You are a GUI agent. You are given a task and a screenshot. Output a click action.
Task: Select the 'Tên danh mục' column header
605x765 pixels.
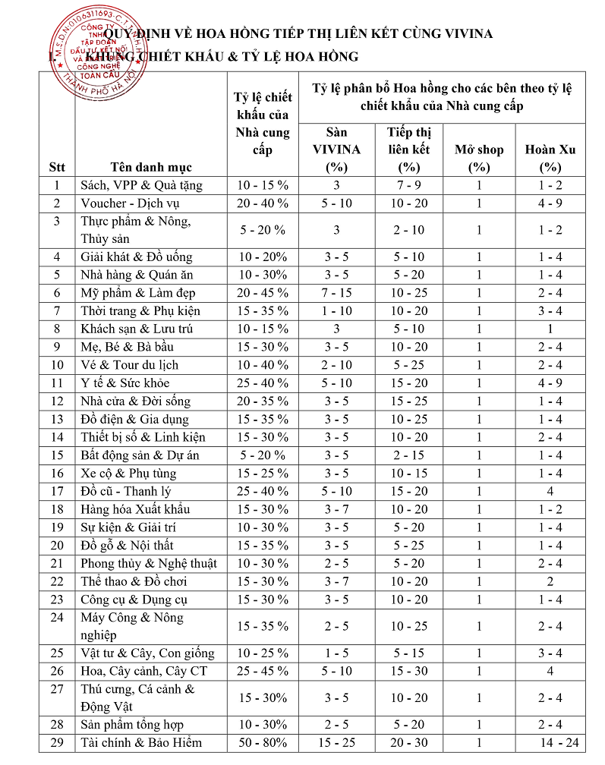[151, 167]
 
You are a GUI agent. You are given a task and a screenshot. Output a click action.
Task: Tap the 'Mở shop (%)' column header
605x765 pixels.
[479, 158]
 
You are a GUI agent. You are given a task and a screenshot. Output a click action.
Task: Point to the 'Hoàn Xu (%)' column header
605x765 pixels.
[550, 158]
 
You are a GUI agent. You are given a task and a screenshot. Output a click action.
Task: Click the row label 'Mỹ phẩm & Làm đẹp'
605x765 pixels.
[138, 292]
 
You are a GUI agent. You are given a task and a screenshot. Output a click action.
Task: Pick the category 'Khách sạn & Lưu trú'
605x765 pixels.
[137, 329]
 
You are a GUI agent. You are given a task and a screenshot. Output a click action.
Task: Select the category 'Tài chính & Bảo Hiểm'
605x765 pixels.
[142, 742]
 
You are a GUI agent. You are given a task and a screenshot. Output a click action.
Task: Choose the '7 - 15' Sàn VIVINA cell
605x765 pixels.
[336, 292]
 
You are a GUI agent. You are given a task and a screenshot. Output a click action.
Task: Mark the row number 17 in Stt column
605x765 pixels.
[57, 491]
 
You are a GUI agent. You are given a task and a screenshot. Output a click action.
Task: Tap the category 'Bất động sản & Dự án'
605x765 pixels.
[140, 455]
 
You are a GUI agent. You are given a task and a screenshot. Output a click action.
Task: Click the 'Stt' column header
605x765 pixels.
[57, 167]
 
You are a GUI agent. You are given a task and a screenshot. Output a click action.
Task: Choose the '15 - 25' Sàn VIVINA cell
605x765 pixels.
[336, 742]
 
